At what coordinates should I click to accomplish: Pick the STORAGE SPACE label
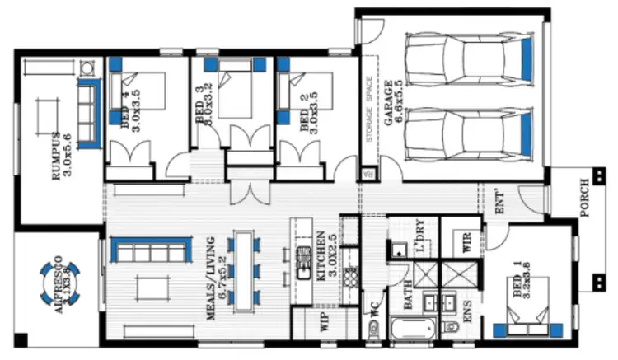tap(370, 111)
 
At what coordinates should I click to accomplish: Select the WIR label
tap(467, 242)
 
